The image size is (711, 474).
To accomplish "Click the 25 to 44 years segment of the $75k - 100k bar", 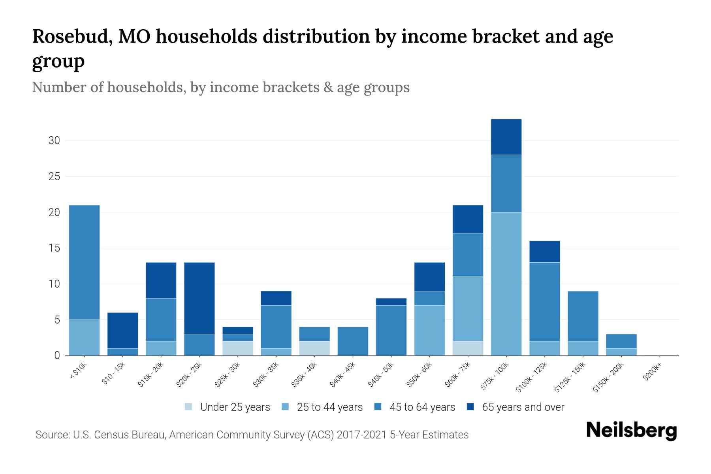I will (x=506, y=284).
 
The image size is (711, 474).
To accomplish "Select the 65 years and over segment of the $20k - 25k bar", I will (x=199, y=298).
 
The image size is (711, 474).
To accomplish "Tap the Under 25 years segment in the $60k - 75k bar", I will (x=468, y=348).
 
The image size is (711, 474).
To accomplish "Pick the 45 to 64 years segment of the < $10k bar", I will (x=84, y=262).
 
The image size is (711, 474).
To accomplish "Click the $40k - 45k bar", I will (x=353, y=341).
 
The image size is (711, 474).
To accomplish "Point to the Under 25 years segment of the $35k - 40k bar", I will (x=314, y=348).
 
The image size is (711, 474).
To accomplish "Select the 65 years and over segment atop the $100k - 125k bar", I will (x=544, y=252).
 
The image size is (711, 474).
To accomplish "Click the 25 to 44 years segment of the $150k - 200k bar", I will (x=621, y=352).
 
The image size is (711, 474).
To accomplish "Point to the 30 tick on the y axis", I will (x=54, y=141).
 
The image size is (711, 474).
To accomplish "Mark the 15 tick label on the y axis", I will (x=54, y=248).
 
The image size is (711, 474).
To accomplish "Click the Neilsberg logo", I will (x=631, y=431).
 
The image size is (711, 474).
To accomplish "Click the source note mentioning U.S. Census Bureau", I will (x=252, y=435).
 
